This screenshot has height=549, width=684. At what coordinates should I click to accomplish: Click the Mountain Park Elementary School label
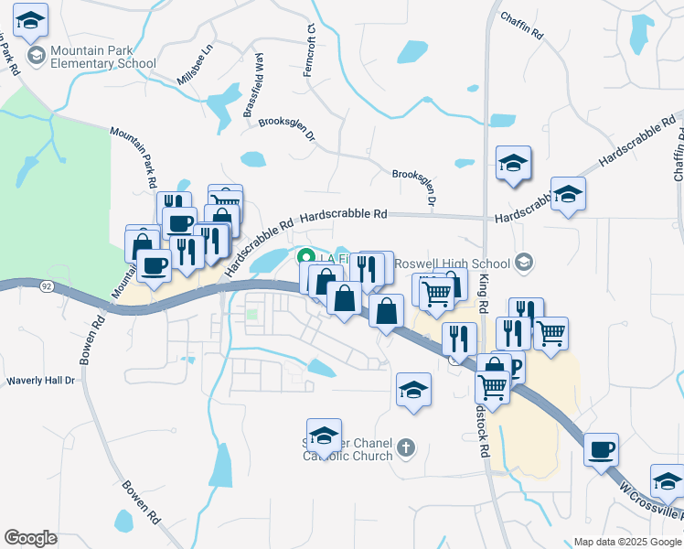click(x=103, y=57)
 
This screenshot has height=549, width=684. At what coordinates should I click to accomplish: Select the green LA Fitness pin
click(x=307, y=257)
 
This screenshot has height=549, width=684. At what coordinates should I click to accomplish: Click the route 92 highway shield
click(x=44, y=286)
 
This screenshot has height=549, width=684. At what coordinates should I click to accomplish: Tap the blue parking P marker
click(x=514, y=368)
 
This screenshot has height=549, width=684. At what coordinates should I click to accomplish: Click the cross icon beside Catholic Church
click(x=406, y=449)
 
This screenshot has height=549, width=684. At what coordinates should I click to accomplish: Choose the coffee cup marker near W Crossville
click(x=601, y=449)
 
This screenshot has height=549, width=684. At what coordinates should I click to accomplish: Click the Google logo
click(x=30, y=538)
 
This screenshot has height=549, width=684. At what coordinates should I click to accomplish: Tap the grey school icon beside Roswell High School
click(x=523, y=264)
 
